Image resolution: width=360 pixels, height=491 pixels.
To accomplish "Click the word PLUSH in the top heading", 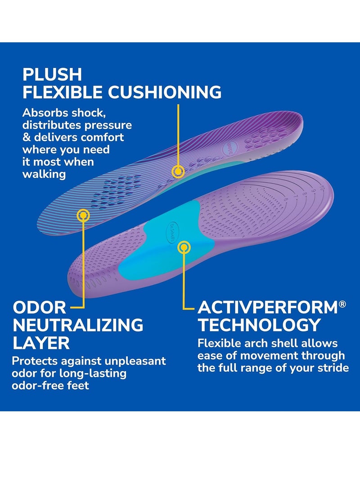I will (x=52, y=74).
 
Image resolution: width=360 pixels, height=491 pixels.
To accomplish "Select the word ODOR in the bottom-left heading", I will (x=39, y=308).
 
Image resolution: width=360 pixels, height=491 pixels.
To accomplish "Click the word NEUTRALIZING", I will (x=78, y=325).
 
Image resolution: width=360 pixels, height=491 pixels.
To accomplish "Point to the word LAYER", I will (x=41, y=342).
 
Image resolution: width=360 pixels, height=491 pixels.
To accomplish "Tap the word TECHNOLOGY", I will (x=260, y=325).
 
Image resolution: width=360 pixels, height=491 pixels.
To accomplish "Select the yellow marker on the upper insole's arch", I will (x=179, y=171).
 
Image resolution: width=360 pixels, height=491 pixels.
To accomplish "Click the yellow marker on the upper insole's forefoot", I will (x=83, y=216).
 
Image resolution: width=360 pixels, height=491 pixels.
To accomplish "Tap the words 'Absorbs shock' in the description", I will (x=63, y=113).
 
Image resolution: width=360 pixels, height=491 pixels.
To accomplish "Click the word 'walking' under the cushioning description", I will (x=44, y=173).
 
